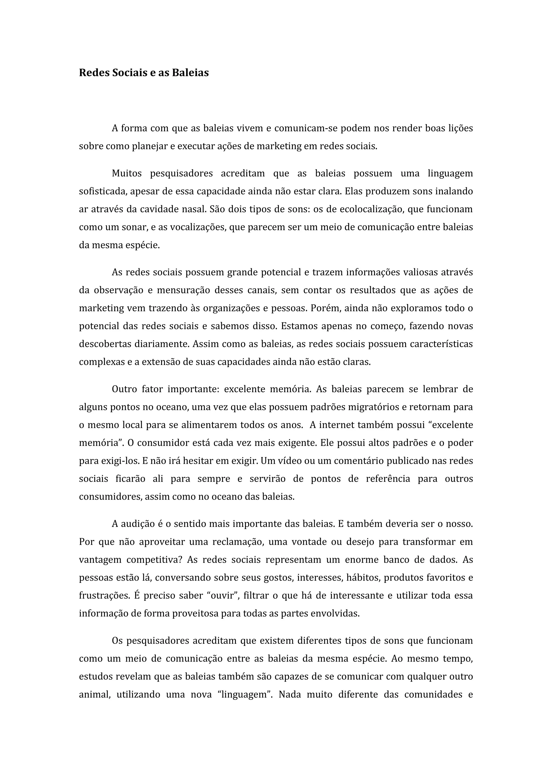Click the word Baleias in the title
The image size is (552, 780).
pyautogui.click(x=190, y=73)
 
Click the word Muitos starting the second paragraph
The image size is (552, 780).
pyautogui.click(x=127, y=173)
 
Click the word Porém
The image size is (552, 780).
pyautogui.click(x=322, y=308)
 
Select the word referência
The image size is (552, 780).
pyautogui.click(x=388, y=479)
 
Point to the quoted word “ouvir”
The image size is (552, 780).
pyautogui.click(x=223, y=596)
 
